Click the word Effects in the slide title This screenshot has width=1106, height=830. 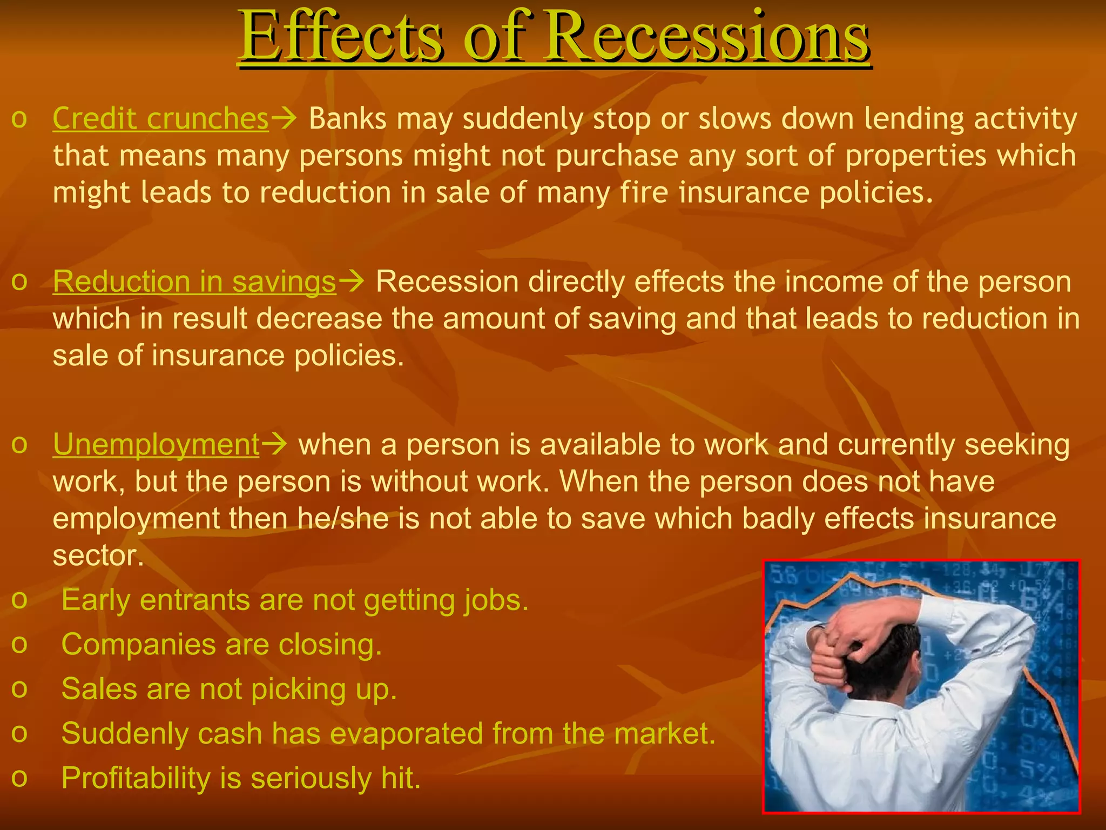[x=340, y=37]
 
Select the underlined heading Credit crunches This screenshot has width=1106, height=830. [x=160, y=118]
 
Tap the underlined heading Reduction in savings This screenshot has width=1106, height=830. [x=194, y=282]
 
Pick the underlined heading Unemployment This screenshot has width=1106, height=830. [x=156, y=445]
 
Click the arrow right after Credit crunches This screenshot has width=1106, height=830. [x=284, y=118]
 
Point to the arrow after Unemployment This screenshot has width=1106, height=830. [x=274, y=445]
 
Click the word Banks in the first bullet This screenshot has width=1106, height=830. [x=347, y=118]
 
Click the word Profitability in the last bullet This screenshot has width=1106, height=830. [x=136, y=778]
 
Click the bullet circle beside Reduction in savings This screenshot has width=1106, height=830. [x=19, y=282]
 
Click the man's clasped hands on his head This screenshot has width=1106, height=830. [x=842, y=638]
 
